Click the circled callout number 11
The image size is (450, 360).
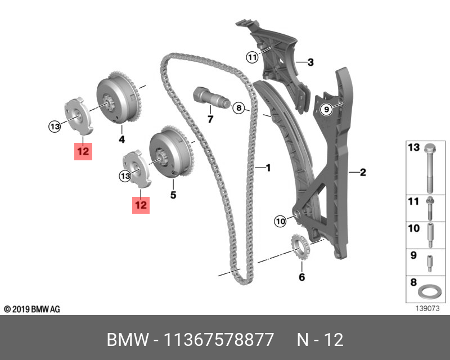(x=251, y=57)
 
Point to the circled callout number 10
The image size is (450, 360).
(x=280, y=222)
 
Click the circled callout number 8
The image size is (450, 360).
(x=238, y=107)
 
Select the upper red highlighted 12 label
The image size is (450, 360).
(x=83, y=151)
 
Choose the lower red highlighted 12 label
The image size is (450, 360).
(x=140, y=205)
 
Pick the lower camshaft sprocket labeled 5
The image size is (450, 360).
(x=170, y=154)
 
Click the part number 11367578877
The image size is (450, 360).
(x=218, y=340)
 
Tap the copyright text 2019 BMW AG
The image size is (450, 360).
(x=31, y=309)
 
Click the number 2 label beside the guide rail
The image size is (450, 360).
(x=363, y=172)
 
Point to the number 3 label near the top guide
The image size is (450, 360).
(x=310, y=62)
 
